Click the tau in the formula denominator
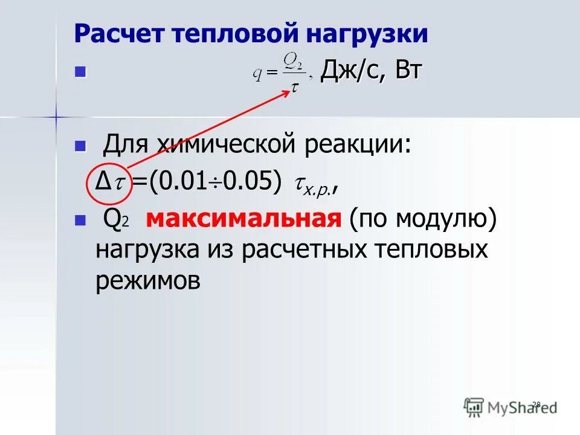click(294, 88)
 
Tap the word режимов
click(147, 281)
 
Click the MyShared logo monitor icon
click(474, 407)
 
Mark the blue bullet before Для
click(79, 146)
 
